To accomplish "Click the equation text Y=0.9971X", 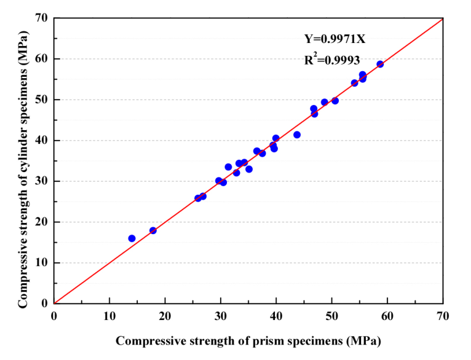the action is tap(334, 39).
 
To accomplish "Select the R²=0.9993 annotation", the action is tap(332, 59).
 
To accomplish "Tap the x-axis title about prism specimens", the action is tap(248, 341).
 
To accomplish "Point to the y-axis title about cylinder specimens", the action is tap(23, 169).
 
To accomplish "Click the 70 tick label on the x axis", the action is tap(443, 316).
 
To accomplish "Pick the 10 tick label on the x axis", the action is tap(109, 316).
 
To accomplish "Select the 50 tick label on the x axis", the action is tap(331, 316).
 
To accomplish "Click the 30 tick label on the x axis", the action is tap(221, 316).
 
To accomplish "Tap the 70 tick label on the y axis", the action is tap(42, 18).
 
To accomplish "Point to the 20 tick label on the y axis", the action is tap(42, 222).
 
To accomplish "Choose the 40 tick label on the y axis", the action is tap(42, 141).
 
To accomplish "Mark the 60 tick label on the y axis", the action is tap(42, 59).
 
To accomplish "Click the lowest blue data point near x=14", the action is tap(132, 238).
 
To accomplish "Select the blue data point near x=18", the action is tap(153, 230).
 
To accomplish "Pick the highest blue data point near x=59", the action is tap(380, 65).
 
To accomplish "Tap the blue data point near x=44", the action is tap(297, 135).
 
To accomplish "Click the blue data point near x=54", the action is tap(354, 83).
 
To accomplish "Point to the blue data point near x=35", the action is tap(249, 169).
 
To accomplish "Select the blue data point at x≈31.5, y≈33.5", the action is tap(228, 167).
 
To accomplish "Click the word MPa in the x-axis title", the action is tap(363, 342).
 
